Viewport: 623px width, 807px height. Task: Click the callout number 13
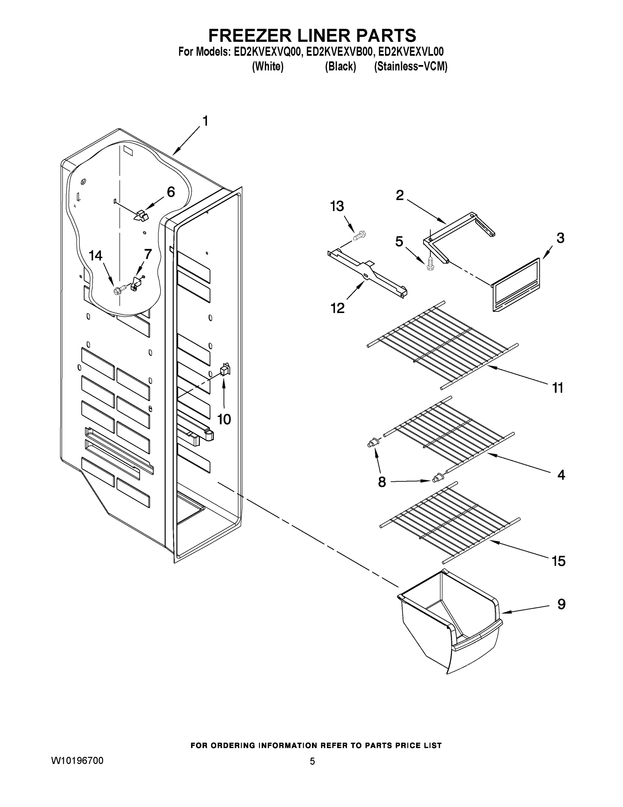click(337, 206)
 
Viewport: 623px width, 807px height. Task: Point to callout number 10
click(224, 419)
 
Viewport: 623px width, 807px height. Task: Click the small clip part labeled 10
click(225, 369)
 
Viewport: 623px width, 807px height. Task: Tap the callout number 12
click(337, 308)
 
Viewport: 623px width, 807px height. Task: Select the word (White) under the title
click(268, 67)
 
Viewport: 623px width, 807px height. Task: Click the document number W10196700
click(77, 761)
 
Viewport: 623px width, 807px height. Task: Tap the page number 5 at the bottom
click(312, 762)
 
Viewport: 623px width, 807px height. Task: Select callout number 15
click(558, 561)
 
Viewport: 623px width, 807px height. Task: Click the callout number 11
click(557, 388)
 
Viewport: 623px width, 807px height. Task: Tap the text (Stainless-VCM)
click(410, 67)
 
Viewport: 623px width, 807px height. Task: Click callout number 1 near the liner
click(205, 121)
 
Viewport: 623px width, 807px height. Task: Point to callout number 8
click(382, 482)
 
